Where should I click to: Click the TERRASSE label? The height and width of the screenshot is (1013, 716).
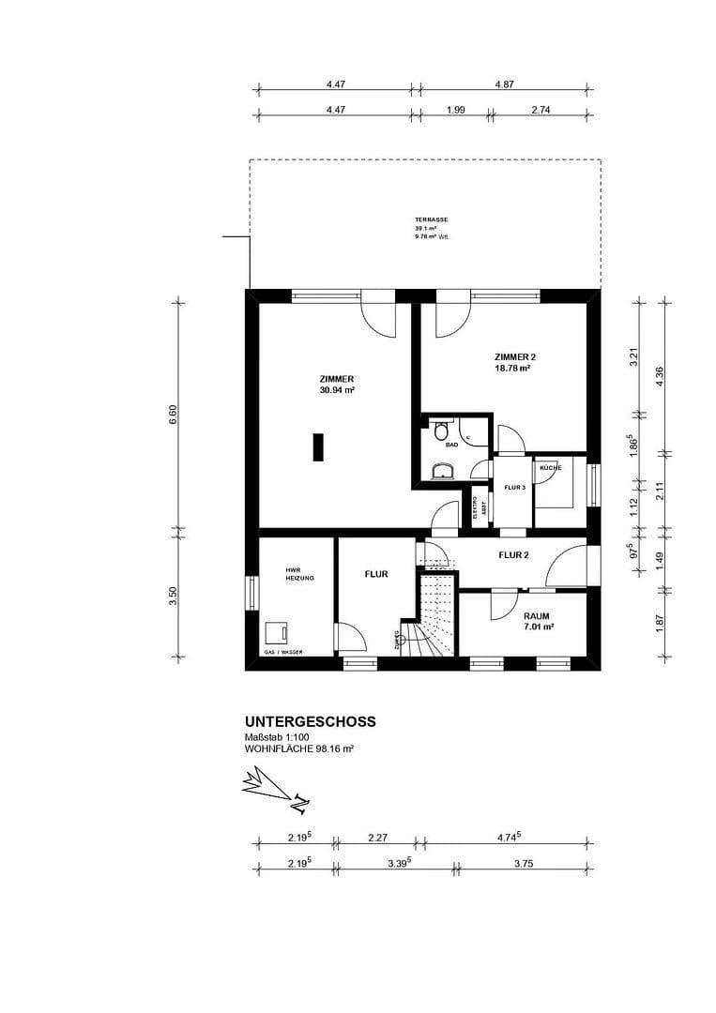[431, 219]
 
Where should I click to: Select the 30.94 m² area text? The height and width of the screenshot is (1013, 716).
[336, 389]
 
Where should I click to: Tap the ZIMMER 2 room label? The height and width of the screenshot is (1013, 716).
[514, 357]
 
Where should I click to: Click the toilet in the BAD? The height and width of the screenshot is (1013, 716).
[441, 432]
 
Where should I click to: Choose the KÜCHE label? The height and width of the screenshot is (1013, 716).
[550, 466]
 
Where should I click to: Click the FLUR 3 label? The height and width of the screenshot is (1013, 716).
[513, 488]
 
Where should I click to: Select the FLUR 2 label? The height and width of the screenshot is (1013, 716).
[513, 555]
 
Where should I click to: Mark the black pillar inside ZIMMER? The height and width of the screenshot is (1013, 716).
[319, 446]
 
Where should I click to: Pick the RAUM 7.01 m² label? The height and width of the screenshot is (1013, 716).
[537, 621]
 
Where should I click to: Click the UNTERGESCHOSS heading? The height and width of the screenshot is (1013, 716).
[310, 721]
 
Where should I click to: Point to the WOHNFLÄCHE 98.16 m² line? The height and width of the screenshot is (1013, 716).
[298, 749]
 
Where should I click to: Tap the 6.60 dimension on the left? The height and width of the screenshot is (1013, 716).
[173, 415]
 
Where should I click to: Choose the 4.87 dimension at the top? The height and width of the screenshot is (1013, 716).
[504, 84]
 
